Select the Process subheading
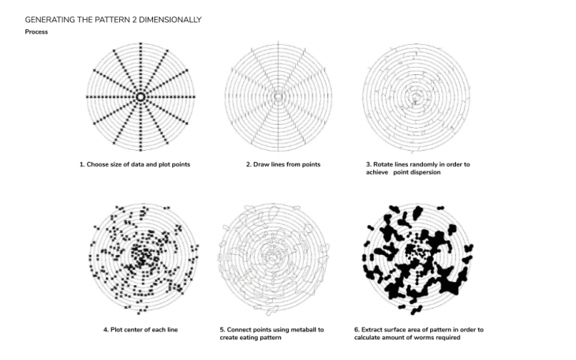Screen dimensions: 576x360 [x=36, y=32]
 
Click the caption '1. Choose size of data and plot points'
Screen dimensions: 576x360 [x=135, y=164]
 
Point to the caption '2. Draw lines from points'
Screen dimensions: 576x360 [x=283, y=164]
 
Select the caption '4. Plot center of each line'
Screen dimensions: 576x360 [x=140, y=330]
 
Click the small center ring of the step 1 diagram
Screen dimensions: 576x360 [x=140, y=97]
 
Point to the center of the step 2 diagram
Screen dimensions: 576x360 [x=279, y=97]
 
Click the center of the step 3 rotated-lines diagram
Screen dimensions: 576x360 [x=416, y=98]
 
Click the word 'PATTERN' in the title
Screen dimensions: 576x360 [x=112, y=20]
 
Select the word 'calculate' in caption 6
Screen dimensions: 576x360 [x=368, y=338]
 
